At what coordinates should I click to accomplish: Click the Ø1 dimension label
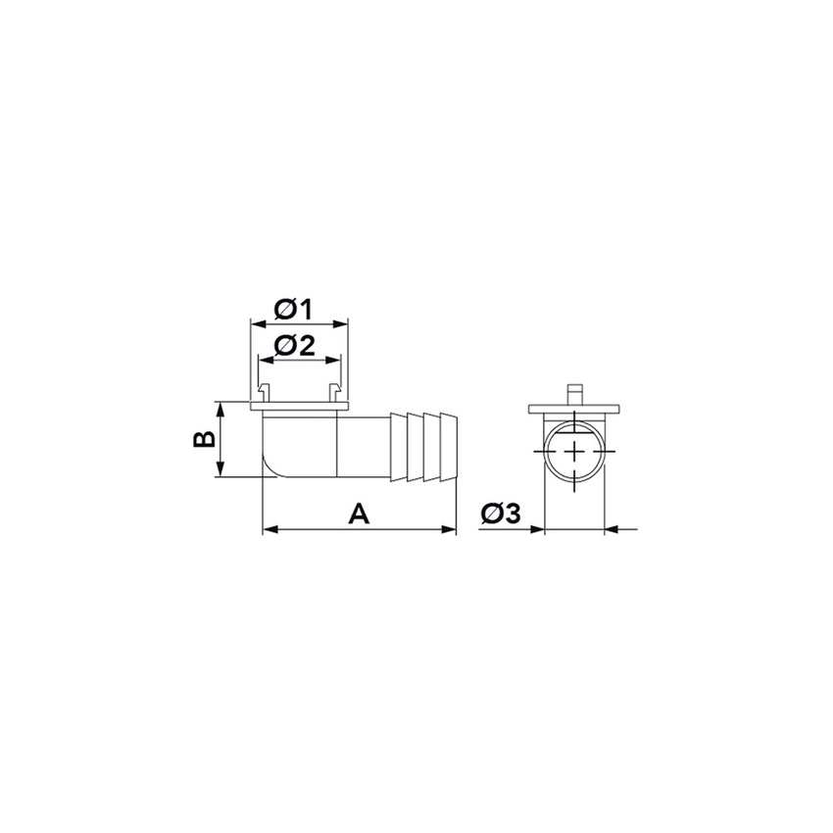pos(293,310)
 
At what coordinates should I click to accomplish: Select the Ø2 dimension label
pos(293,345)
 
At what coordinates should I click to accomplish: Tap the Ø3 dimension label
pos(501,514)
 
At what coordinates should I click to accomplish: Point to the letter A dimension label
pos(360,513)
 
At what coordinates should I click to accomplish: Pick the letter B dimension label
pos(203,439)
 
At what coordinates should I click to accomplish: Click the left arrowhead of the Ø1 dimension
pos(255,322)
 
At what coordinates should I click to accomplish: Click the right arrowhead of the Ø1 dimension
pos(343,322)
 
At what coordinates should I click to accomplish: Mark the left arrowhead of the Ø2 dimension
pos(263,359)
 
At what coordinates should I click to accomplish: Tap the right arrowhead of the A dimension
pos(452,530)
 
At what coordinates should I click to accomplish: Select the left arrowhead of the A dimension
pos(269,530)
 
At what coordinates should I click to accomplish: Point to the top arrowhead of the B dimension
pos(223,407)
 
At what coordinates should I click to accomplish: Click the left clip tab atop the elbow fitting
pos(263,393)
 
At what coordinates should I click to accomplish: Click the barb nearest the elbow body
pos(399,447)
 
